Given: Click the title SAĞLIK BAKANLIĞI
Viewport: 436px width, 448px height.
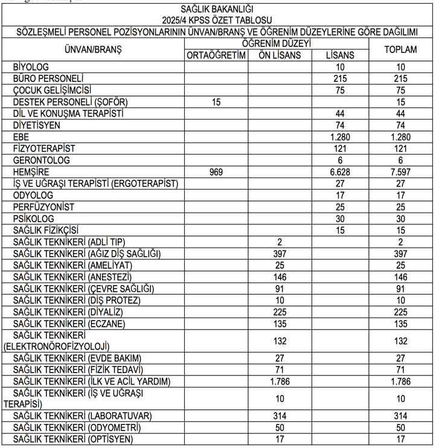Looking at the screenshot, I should pos(217,8).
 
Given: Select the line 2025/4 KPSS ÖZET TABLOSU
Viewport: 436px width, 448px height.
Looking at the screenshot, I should pos(217,19).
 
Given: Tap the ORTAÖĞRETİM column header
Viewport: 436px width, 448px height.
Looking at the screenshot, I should pos(216,55).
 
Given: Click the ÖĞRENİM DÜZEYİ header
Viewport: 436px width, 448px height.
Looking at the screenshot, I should pos(277,43).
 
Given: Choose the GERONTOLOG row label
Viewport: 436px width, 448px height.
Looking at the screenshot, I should pos(42,161).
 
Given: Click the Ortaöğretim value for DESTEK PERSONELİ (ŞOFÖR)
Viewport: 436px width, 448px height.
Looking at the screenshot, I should pos(216,102).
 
